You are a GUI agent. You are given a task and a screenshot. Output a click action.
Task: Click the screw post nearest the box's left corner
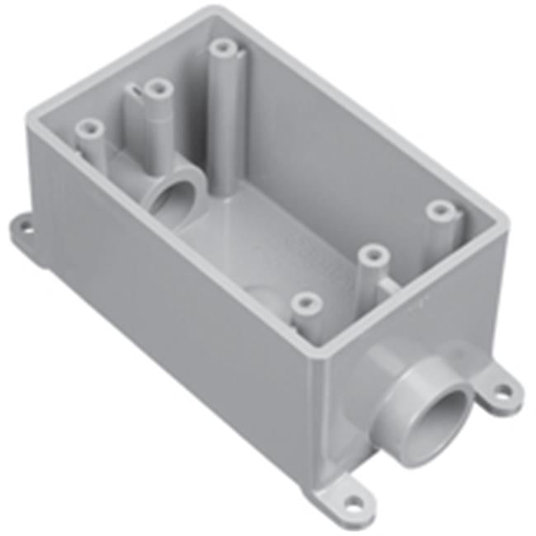tap(89, 129)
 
